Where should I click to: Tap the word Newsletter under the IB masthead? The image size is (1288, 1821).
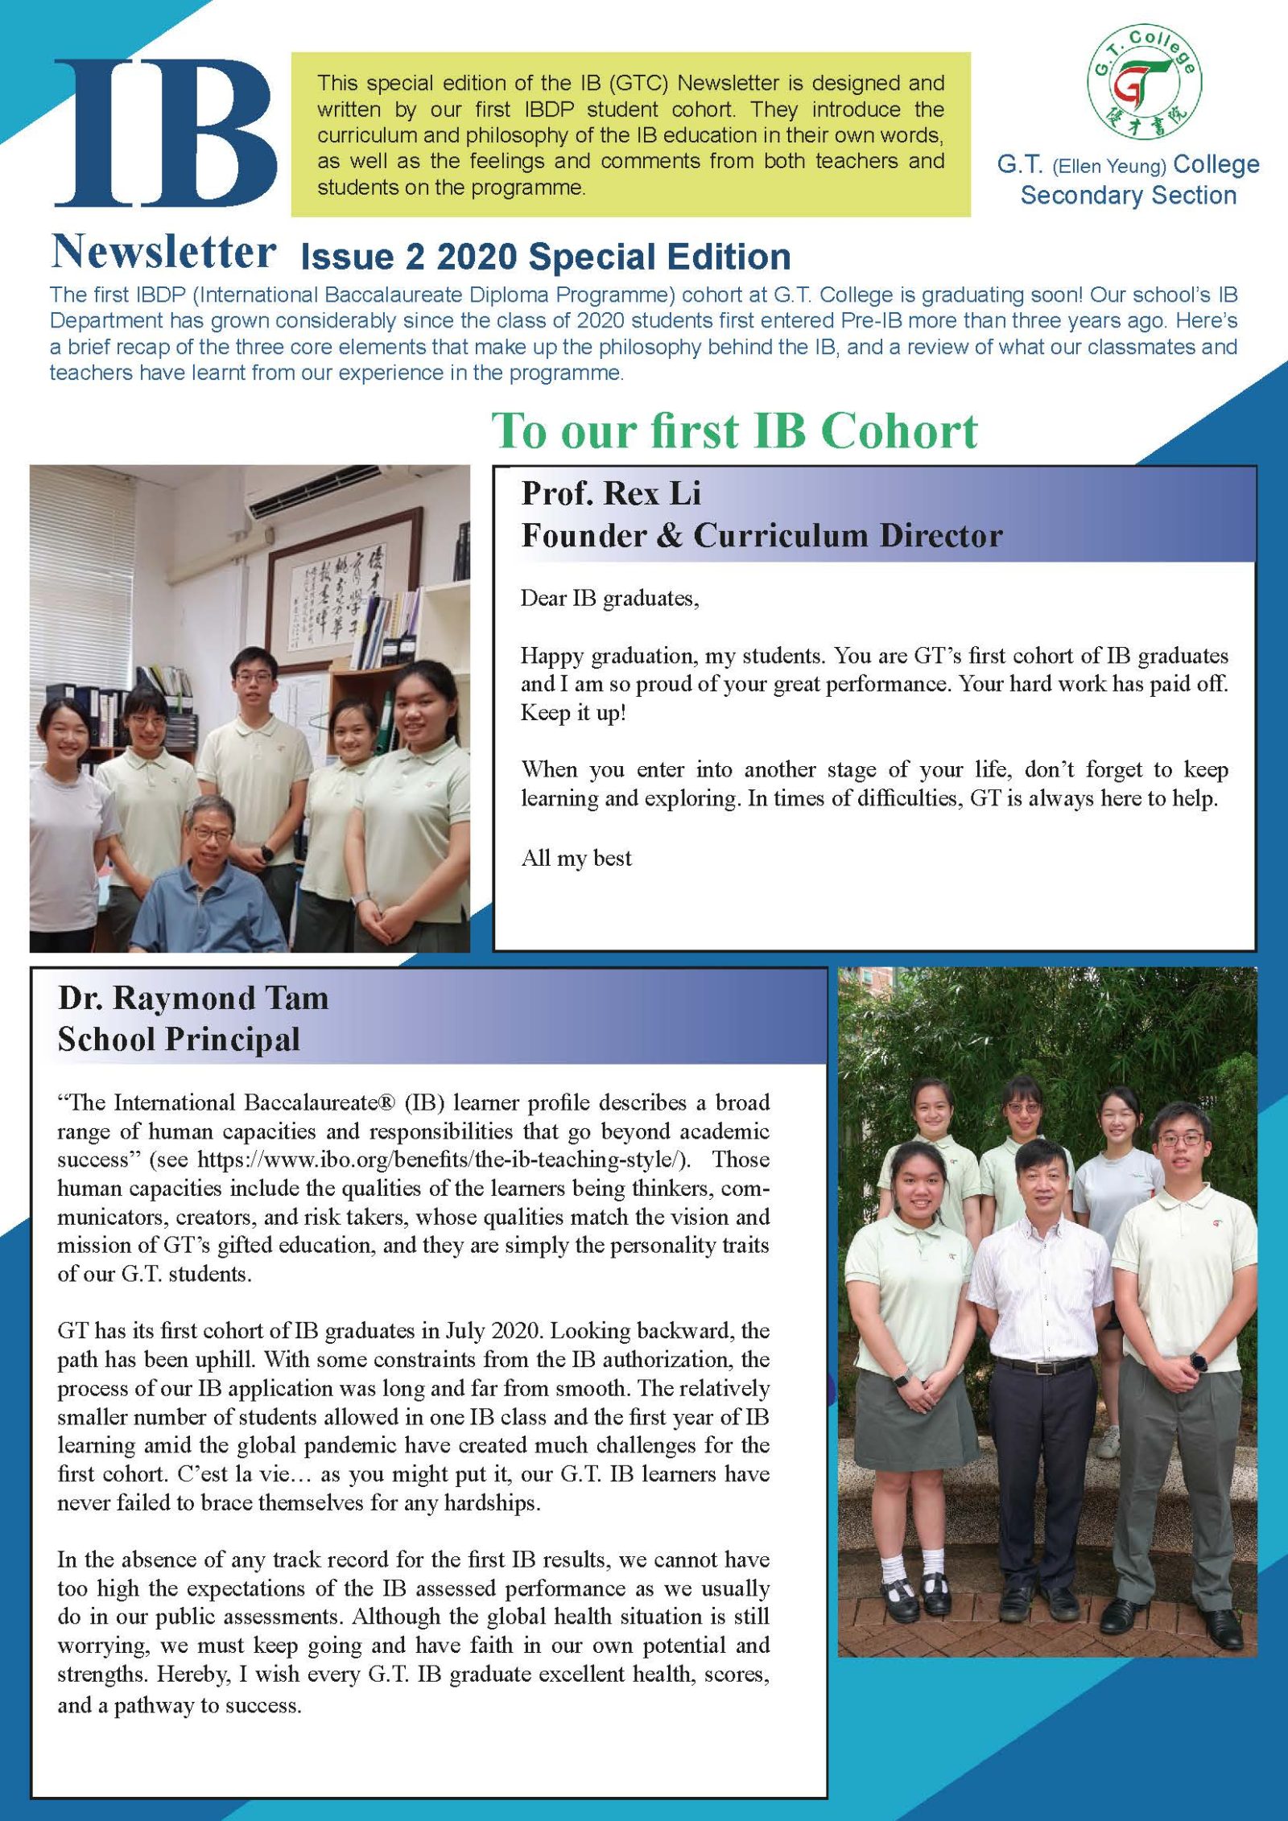coord(163,252)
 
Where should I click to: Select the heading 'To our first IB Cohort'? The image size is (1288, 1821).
coord(734,431)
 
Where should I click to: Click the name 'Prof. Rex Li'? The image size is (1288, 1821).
coord(611,493)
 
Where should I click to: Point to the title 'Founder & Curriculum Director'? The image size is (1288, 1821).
coord(762,536)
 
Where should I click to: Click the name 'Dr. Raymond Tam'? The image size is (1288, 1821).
coord(193,998)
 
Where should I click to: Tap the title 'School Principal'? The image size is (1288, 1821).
coord(179,1040)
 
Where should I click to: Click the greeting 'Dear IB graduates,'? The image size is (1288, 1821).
coord(609,599)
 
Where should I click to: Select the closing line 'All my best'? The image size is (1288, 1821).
coord(576,858)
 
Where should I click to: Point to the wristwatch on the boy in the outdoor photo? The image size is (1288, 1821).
coord(1199,1361)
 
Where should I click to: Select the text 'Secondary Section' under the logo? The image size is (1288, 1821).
coord(1128,196)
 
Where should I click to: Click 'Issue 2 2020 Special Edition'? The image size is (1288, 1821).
coord(545,257)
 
